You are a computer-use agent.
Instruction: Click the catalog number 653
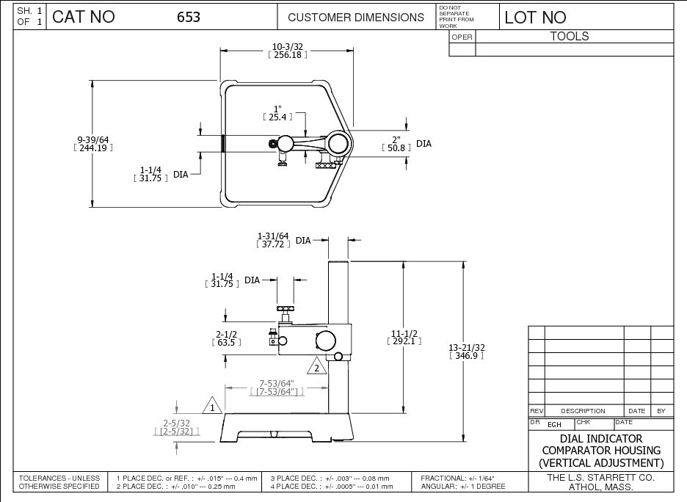pos(189,18)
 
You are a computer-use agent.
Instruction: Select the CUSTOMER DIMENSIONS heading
pos(356,18)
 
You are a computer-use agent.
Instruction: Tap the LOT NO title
pos(536,18)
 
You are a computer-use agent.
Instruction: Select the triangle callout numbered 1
pos(212,406)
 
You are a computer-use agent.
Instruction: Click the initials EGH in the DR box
pos(555,424)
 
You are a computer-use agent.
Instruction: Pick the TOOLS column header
pos(570,36)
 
